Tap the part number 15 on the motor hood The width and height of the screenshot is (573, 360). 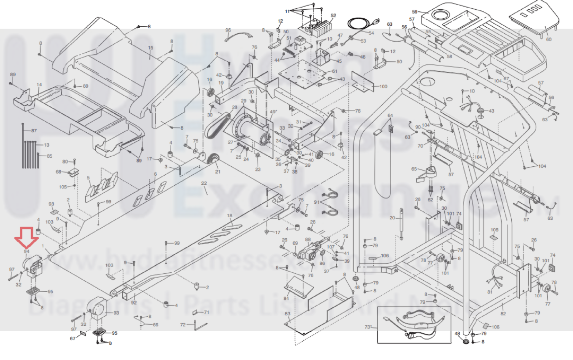pos(151,48)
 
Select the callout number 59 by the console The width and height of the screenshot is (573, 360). pos(415,12)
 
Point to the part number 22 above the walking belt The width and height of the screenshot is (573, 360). pos(204,183)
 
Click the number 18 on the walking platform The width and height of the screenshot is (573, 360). pos(229,215)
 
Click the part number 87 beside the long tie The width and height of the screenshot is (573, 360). pos(34,131)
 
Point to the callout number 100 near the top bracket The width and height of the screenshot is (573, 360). pos(383,86)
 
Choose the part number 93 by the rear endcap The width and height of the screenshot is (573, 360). pos(116,313)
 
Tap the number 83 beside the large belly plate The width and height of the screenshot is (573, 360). pos(287,314)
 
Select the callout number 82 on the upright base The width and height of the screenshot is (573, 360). pos(503,313)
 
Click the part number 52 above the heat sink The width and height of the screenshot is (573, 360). pos(333,15)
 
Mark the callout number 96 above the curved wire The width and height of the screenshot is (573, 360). pos(228,30)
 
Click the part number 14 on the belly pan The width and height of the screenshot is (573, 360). pos(39,85)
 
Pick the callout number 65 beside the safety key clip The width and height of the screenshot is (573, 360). pos(414,169)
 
